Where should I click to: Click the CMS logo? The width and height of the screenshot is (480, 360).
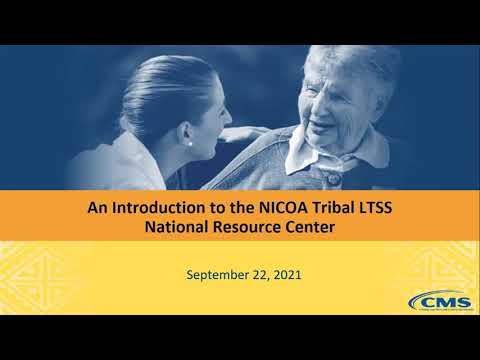click(x=432, y=301)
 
